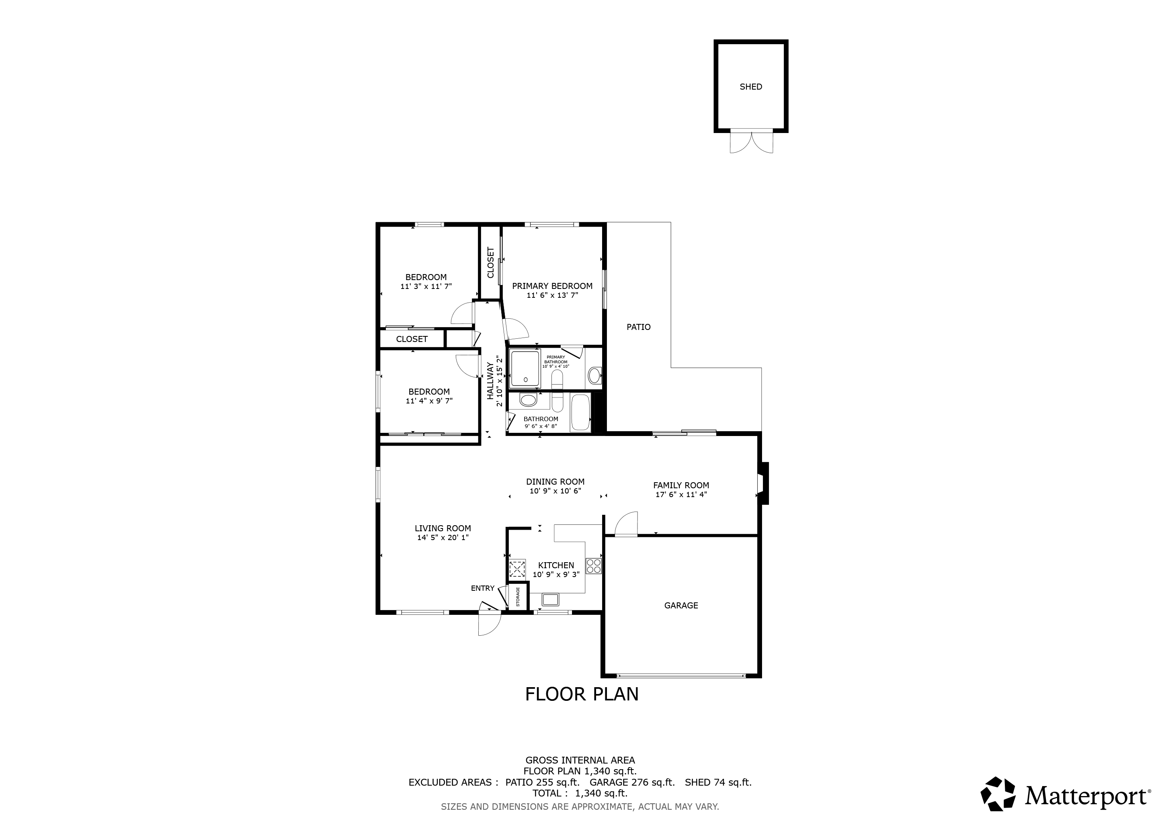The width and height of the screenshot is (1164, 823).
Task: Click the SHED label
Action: (751, 87)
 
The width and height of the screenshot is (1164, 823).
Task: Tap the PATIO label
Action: (638, 327)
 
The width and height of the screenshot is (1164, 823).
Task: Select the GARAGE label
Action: (681, 605)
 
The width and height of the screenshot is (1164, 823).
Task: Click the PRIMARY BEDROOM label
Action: (552, 286)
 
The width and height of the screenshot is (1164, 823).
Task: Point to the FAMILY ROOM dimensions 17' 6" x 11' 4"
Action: (681, 494)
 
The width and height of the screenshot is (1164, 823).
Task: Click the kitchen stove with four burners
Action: (594, 565)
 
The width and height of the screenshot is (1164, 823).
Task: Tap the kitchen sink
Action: (550, 600)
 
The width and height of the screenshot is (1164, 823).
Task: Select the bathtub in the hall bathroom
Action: (580, 413)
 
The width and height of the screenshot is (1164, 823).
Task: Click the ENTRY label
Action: (483, 588)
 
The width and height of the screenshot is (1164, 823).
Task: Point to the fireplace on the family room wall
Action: (763, 483)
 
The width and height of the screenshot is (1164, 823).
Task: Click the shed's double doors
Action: (751, 142)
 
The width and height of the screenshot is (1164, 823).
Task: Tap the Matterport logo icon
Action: (998, 794)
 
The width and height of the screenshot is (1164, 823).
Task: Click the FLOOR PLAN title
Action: (582, 694)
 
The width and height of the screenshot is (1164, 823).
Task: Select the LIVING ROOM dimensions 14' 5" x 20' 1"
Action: (443, 537)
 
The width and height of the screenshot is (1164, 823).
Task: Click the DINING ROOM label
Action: (555, 482)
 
